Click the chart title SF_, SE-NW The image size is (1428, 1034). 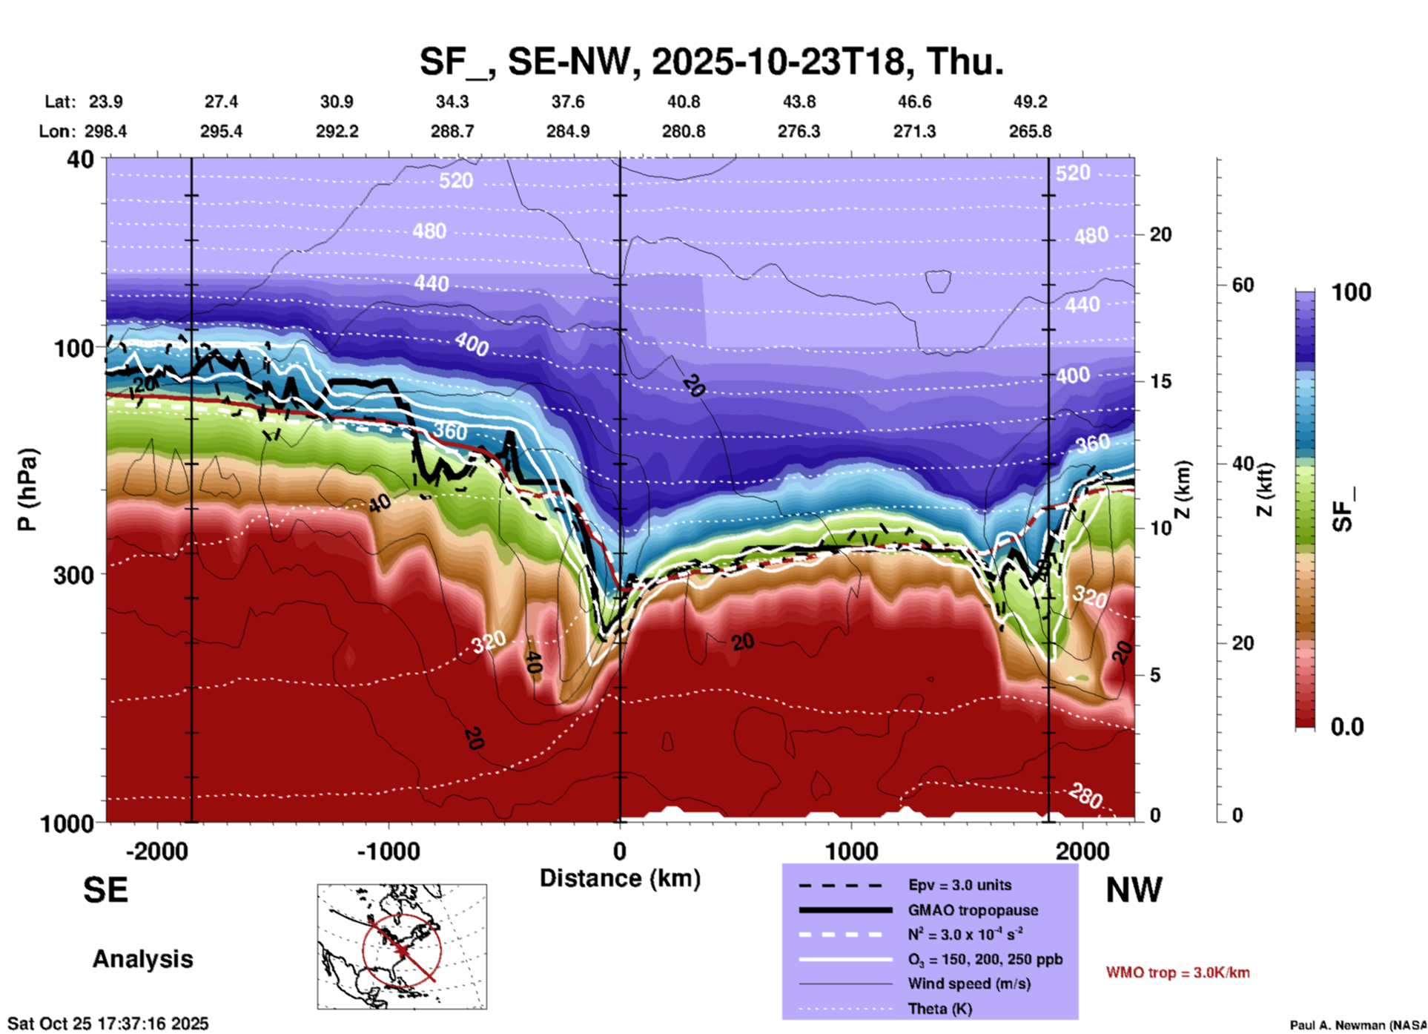point(712,61)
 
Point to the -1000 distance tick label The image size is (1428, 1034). point(388,852)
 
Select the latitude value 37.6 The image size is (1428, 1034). point(568,102)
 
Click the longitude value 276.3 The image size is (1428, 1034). point(799,131)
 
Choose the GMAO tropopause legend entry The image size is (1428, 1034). point(973,910)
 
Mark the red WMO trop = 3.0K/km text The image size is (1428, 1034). point(1177,972)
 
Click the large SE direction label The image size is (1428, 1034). point(105,890)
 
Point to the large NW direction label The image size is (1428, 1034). point(1134,890)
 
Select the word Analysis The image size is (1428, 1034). point(142,959)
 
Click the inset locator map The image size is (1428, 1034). point(402,946)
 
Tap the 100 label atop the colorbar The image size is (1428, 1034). point(1351,292)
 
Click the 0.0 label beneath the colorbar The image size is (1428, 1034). point(1347,727)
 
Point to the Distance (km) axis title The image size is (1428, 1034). point(620,878)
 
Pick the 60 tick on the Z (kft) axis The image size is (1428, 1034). point(1243,285)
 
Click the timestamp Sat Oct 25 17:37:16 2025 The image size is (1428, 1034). point(108,1024)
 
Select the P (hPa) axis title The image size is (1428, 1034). point(27,490)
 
